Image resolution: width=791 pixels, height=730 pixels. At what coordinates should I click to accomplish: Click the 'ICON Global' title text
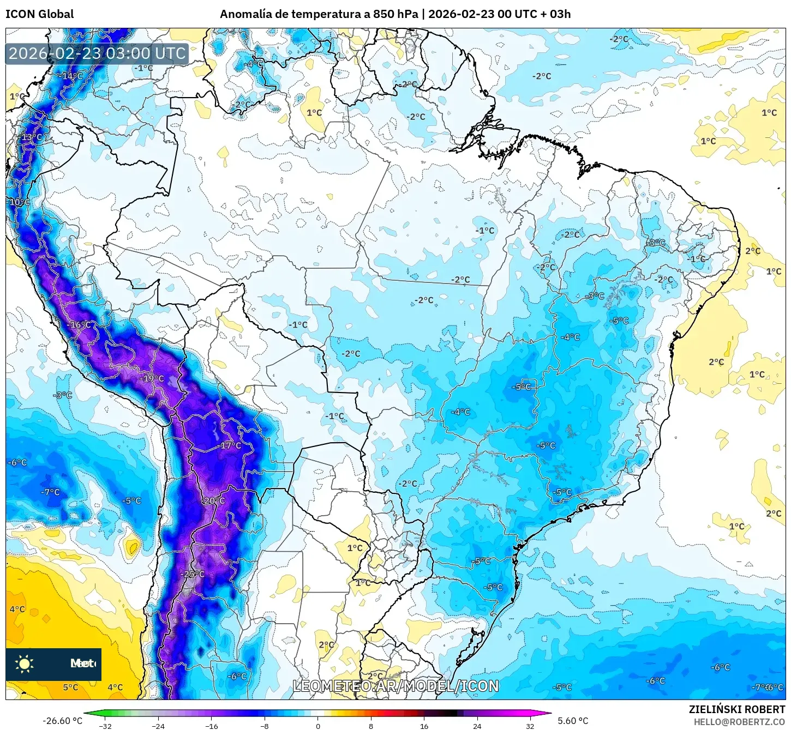pos(39,14)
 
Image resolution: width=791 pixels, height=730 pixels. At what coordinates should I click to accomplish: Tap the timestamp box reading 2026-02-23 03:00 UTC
pos(97,53)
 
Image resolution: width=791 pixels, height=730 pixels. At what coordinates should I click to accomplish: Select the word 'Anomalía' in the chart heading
pos(245,14)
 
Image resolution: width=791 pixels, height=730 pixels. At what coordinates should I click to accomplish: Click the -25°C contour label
pos(193,574)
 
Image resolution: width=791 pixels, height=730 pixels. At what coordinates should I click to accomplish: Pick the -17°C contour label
pos(230,445)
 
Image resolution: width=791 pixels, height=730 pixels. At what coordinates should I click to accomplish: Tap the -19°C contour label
pos(152,378)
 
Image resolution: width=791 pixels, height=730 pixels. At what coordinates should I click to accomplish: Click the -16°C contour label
pos(80,325)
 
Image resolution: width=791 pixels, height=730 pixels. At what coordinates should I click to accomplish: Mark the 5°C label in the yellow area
pos(70,687)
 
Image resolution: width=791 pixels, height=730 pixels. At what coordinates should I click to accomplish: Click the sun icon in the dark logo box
pos(24,663)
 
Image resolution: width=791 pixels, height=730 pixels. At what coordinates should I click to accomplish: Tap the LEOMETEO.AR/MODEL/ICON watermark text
pos(395,686)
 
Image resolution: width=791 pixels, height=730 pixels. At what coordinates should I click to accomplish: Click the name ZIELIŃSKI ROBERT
pos(736,709)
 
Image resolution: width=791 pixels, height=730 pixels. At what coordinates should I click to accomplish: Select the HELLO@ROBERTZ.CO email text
pos(739,722)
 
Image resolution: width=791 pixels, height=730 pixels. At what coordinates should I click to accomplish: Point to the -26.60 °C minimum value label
pos(62,721)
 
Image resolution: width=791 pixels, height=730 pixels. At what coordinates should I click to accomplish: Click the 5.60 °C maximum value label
pos(573,721)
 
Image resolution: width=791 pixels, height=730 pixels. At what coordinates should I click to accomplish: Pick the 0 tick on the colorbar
pos(318,726)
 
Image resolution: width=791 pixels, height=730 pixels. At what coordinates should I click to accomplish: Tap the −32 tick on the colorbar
pos(105,726)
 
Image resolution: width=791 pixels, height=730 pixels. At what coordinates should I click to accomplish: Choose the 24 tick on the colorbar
pos(477,726)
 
